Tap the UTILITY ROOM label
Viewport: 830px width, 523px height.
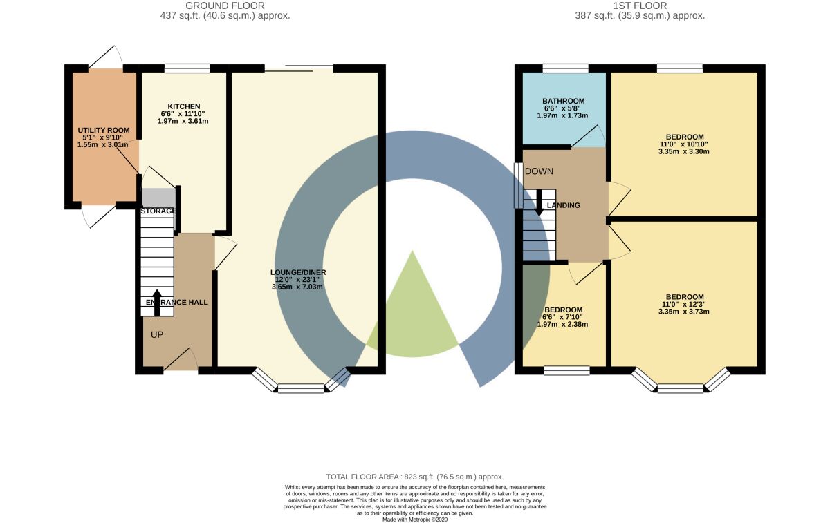point(104,130)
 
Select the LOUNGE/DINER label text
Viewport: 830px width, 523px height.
point(297,272)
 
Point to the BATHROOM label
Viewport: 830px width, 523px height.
point(563,102)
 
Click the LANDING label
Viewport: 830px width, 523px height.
point(563,205)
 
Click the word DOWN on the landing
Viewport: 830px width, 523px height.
point(539,171)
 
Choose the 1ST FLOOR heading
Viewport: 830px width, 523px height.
point(640,6)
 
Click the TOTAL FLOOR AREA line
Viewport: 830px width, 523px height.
point(414,477)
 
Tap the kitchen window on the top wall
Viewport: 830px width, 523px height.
point(187,68)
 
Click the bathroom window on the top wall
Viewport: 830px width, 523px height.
point(565,68)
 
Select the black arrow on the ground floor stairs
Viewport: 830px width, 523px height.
point(157,301)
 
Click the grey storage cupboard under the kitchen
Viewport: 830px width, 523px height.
point(158,196)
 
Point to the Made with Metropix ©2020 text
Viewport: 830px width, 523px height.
point(414,519)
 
